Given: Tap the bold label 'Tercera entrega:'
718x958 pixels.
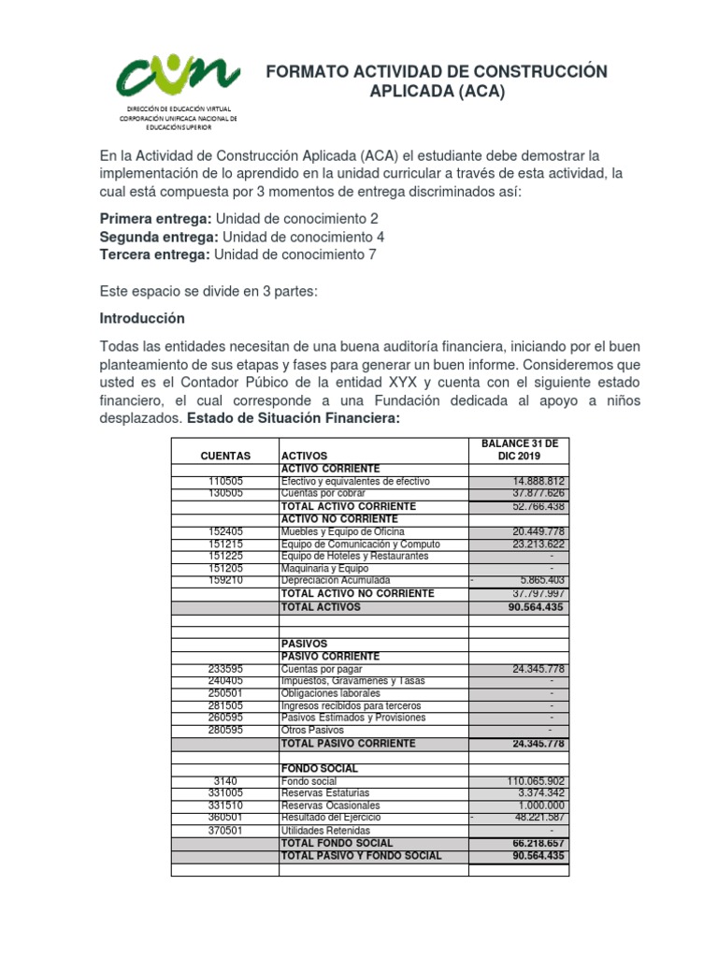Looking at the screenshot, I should click(155, 254).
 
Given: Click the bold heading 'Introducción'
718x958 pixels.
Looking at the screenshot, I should click(142, 318).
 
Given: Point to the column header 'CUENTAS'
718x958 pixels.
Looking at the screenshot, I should click(225, 456).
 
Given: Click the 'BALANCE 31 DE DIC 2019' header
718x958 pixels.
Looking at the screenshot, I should click(518, 449).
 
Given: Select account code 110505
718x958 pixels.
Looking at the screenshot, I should click(225, 481).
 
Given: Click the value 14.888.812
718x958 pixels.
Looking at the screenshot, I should click(534, 481).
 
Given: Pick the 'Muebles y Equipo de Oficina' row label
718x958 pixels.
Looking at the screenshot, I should click(341, 531).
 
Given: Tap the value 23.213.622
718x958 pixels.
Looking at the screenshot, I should click(534, 544).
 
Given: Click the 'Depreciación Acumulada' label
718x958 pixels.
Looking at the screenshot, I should click(336, 580).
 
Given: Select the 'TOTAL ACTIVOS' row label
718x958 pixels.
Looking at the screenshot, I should click(321, 607).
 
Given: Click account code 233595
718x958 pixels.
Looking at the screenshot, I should click(225, 669).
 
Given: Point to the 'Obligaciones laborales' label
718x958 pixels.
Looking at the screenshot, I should click(331, 693).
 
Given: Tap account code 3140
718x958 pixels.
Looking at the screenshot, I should click(225, 781).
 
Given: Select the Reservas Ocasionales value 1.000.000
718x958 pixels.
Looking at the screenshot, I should click(537, 806).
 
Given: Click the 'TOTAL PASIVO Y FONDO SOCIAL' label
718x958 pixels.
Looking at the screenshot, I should click(361, 855).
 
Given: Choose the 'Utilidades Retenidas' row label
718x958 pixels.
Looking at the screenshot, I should click(325, 831).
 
